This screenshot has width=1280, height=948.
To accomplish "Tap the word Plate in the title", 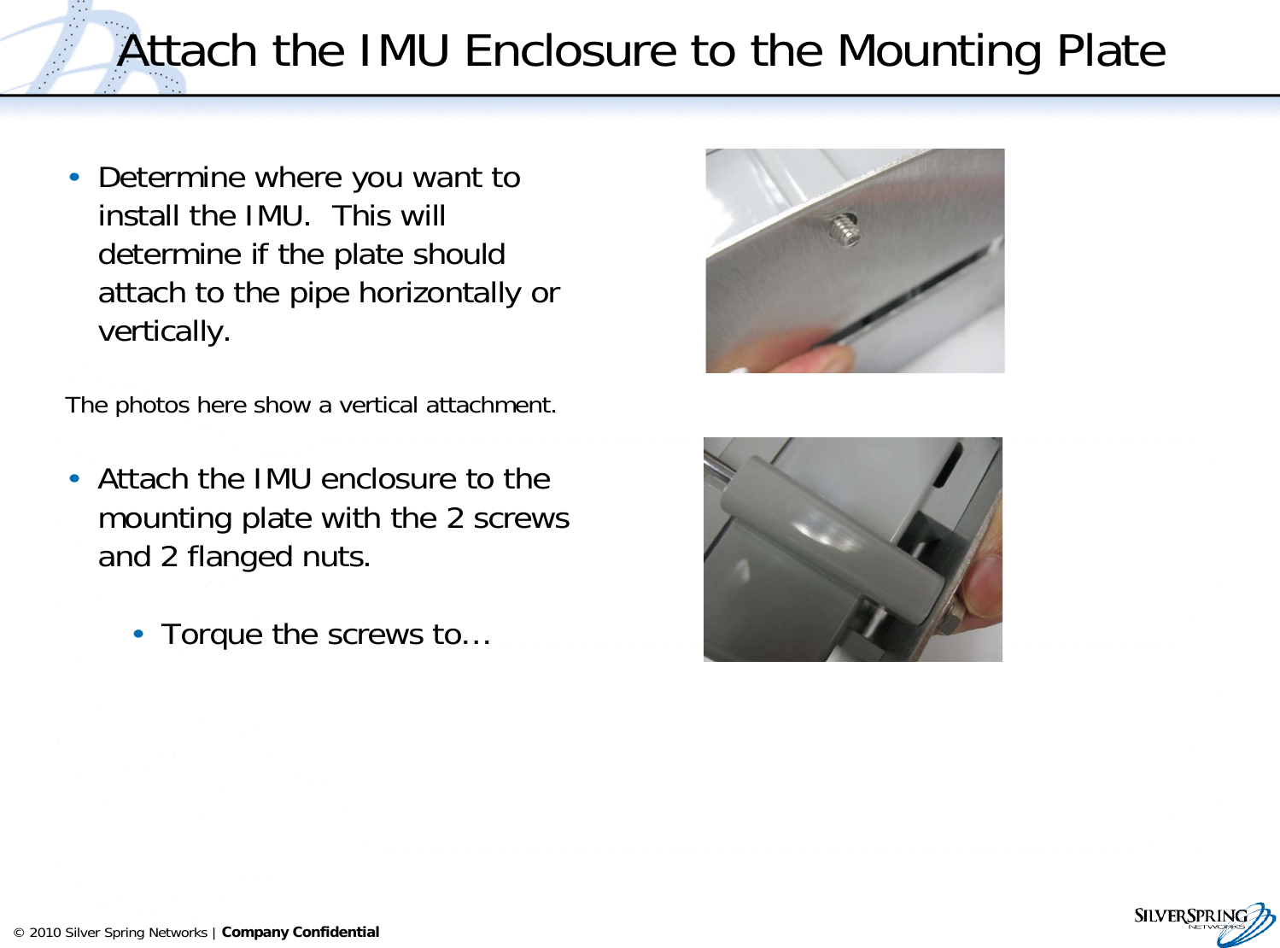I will (1111, 51).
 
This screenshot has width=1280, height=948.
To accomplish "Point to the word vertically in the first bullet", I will (164, 331).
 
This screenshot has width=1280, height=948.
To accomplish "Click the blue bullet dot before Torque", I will (138, 634).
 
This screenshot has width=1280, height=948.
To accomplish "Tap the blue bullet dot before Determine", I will (75, 177).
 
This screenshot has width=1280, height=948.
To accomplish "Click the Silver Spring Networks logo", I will (1204, 923).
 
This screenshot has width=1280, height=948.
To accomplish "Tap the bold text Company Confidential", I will (300, 933).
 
